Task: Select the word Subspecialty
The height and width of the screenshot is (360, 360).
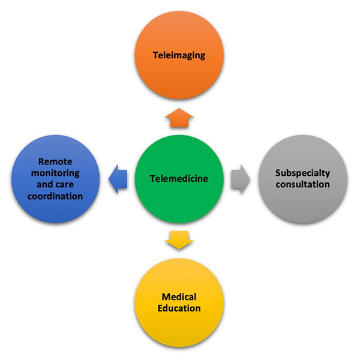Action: (x=302, y=173)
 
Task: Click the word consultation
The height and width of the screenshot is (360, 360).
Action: (x=302, y=184)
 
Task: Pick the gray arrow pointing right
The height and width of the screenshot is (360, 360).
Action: (x=240, y=178)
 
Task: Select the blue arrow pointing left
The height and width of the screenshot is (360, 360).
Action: (x=120, y=178)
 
